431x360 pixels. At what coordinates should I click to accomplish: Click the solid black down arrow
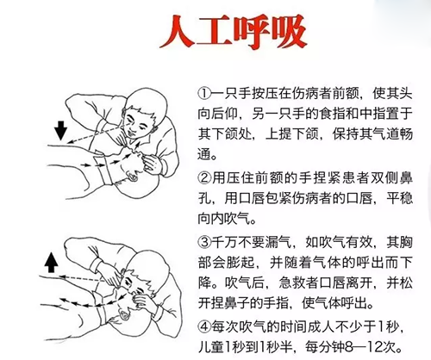[61, 131]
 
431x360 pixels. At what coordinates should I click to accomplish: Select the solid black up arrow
[52, 263]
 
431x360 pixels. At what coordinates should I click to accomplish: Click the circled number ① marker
[204, 93]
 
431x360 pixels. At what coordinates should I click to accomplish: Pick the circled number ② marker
[204, 177]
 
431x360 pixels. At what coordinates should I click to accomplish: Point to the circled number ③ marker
[204, 242]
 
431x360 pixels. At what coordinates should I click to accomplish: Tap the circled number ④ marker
[204, 326]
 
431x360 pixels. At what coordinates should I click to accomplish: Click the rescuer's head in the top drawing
[143, 114]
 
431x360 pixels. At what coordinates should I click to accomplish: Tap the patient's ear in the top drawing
[133, 176]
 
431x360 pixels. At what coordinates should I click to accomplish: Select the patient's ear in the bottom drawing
[124, 315]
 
